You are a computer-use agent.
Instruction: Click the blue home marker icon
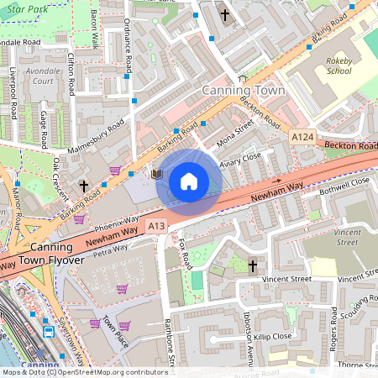(189, 181)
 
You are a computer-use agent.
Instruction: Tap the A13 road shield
(156, 226)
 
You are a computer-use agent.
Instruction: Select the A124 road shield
(302, 136)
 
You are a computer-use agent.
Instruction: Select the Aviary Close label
(241, 161)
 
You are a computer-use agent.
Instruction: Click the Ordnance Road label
(128, 46)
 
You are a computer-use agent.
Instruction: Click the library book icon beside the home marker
(156, 174)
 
